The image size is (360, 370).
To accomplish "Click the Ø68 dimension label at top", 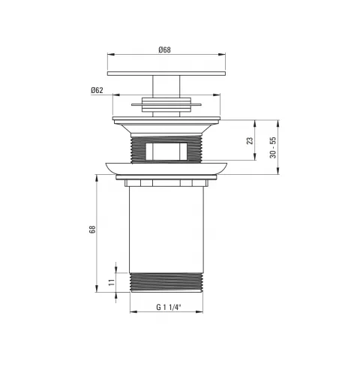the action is pos(164,50).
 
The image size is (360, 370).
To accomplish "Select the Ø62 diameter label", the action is pos(97,90).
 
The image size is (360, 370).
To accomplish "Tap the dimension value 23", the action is pos(250,140).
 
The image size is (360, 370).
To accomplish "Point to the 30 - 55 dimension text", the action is pos(273,148).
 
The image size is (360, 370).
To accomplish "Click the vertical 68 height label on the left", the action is pos(92,230).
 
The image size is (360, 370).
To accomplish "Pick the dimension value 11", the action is pos(112,282).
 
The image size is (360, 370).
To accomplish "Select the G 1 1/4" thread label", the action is pos(168,307).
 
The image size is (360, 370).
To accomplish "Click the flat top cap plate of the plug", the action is pos(166,74).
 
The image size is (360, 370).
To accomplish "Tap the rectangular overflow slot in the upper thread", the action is pos(166,152).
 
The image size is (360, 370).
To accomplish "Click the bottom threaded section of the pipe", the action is pos(166,282).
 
